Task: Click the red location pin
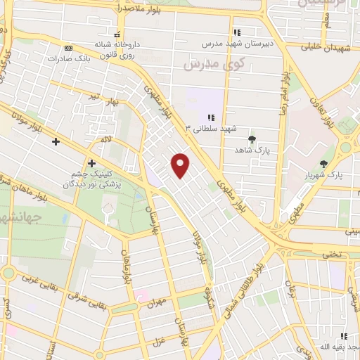click(181, 165)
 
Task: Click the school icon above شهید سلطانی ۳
click(210, 118)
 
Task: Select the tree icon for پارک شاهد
click(252, 139)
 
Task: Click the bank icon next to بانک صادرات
click(68, 48)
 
